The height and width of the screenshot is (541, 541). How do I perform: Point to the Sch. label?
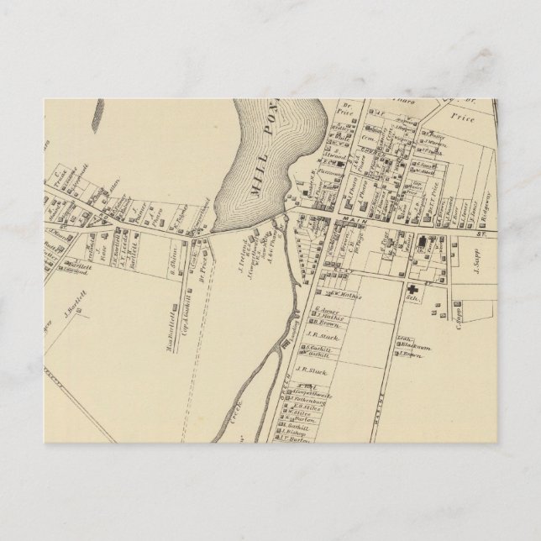click(x=412, y=298)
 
